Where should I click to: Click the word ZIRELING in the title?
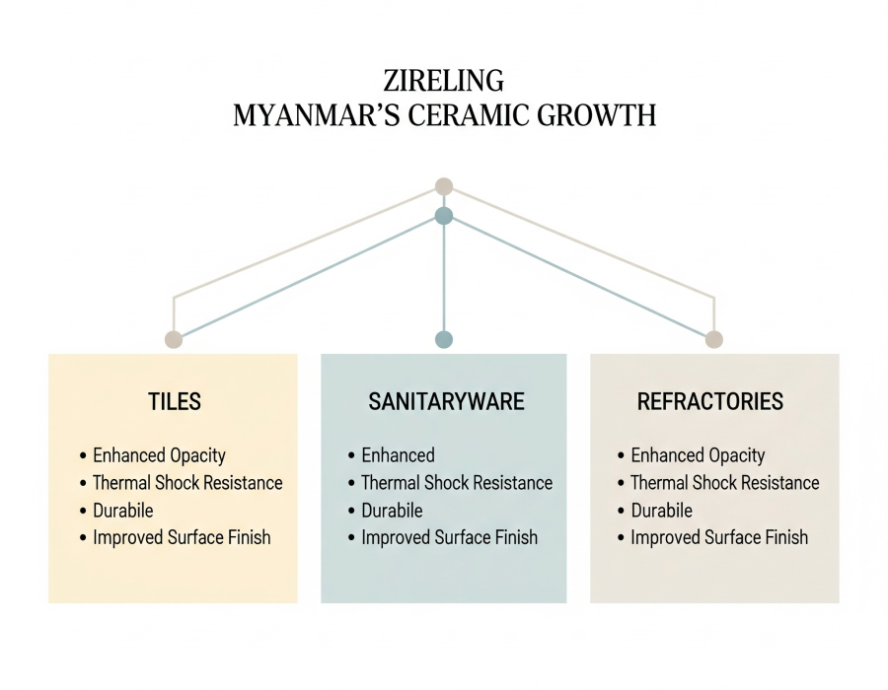tap(444, 80)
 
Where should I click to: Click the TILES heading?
tap(174, 401)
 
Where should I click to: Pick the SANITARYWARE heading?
tap(446, 401)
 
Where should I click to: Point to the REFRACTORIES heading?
tap(710, 401)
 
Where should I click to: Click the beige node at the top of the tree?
tap(444, 185)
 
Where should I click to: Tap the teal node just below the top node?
tap(444, 216)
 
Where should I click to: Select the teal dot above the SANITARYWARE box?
tap(444, 339)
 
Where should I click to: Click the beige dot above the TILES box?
tap(174, 339)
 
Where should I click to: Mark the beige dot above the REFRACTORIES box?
tap(714, 339)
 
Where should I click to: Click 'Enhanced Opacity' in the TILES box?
tap(159, 455)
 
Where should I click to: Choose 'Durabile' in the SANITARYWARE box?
tap(392, 511)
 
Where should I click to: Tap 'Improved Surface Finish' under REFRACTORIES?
tap(719, 537)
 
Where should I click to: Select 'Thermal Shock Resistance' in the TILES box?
tap(187, 483)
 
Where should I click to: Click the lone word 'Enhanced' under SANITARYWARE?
tap(398, 455)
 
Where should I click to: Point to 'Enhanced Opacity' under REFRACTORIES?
tap(698, 455)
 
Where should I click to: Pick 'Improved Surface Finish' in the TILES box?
tap(182, 537)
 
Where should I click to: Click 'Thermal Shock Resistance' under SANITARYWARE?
tap(457, 483)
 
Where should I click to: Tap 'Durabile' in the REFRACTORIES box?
tap(661, 511)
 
